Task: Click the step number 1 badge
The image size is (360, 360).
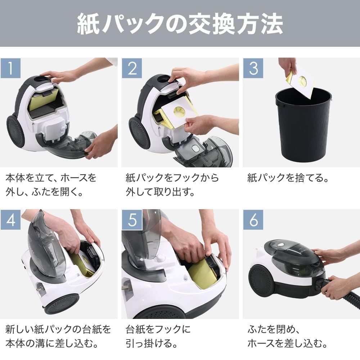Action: coord(10,68)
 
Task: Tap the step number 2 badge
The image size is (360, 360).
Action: coord(132,68)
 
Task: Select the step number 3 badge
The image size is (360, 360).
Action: coord(253,68)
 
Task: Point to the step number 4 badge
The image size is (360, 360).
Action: coord(10,220)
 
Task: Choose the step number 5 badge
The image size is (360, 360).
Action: coord(132,220)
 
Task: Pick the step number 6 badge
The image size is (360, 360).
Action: coord(253,220)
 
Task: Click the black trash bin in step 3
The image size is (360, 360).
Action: coord(303,128)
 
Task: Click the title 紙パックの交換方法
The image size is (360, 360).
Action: coord(180,24)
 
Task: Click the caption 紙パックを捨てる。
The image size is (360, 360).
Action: coord(288,178)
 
